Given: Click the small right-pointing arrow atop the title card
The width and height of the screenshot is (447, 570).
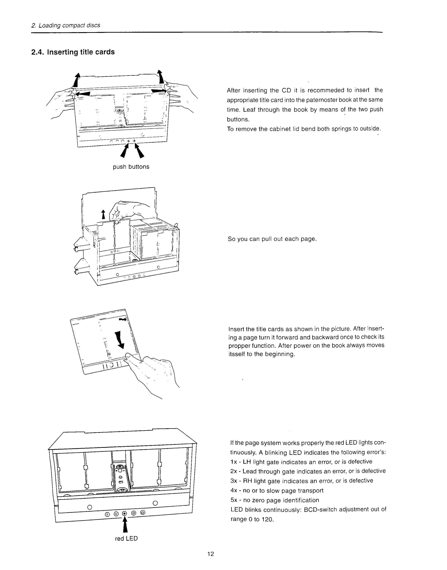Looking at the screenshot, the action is point(123,319).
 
